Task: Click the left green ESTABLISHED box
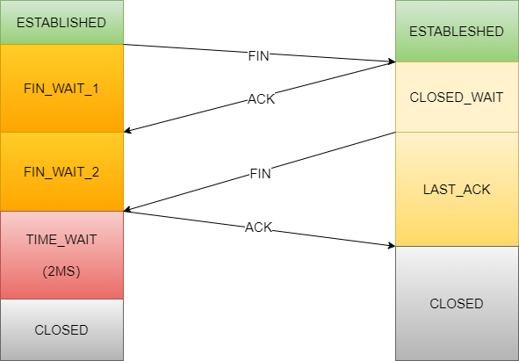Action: pos(61,22)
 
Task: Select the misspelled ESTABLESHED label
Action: pos(457,32)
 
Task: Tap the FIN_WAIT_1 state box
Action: pos(61,88)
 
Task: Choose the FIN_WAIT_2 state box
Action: pos(61,171)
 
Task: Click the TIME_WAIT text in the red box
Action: pos(61,240)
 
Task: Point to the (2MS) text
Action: pos(61,271)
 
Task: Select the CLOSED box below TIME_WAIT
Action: pos(61,330)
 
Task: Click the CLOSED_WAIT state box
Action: pos(457,97)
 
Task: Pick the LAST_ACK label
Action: pos(457,190)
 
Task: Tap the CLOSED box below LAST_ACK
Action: pos(457,303)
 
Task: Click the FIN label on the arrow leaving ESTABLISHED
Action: pos(258,56)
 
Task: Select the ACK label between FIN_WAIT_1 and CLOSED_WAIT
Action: pos(261,99)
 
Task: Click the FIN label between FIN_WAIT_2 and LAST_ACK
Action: pos(260,174)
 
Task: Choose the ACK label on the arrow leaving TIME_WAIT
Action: pos(258,227)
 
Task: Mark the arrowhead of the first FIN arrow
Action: pos(392,61)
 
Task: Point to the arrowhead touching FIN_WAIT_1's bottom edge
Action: pos(127,131)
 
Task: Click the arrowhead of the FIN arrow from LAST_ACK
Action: pos(127,209)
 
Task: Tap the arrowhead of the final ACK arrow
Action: pos(392,245)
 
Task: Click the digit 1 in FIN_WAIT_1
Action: pos(96,89)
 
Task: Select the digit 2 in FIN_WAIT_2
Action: pos(95,172)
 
